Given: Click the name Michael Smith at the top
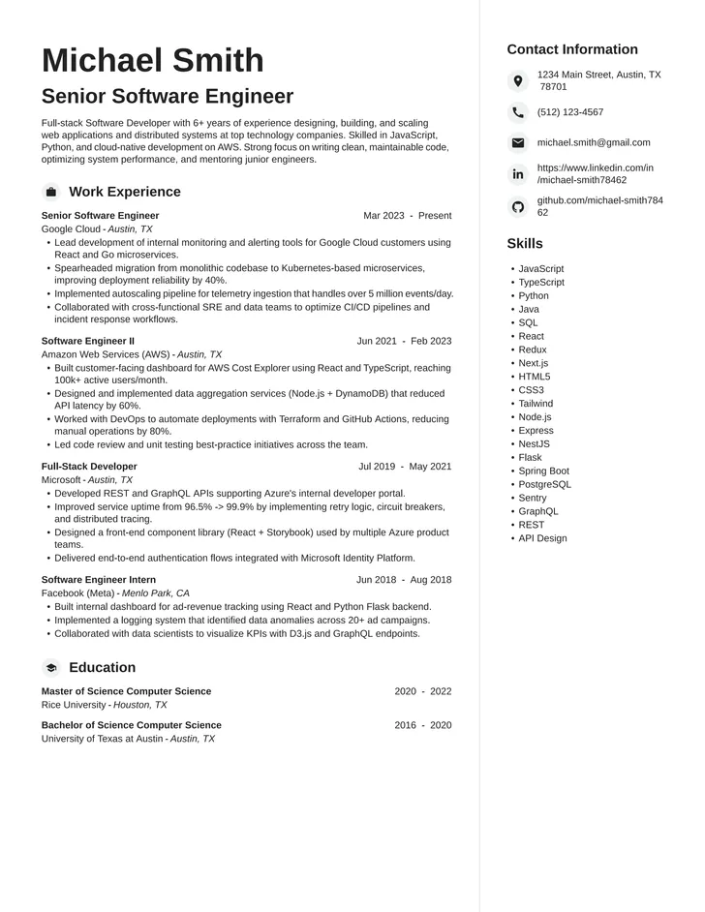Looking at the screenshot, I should click(152, 60).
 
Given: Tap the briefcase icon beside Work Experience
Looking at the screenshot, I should click(51, 192).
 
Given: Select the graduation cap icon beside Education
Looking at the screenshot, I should click(51, 667).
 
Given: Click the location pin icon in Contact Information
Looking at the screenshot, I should click(518, 81).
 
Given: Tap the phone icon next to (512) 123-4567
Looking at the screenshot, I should click(518, 112).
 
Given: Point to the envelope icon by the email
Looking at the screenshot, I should click(518, 143).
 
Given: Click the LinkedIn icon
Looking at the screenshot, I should click(518, 174).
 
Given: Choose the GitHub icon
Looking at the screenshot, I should click(518, 206).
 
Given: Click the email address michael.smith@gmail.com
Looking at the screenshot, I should click(594, 142).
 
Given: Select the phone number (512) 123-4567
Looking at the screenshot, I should click(570, 112).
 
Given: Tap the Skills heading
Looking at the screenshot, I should click(525, 243).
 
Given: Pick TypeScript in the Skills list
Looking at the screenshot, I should click(541, 283).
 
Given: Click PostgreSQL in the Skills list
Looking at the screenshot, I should click(544, 484).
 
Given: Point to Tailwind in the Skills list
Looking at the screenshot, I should click(536, 404).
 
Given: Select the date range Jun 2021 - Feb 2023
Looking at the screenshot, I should click(404, 341).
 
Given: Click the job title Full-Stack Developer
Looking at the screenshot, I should click(89, 466).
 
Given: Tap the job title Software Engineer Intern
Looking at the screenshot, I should click(99, 579).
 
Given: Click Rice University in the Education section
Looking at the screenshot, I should click(74, 705).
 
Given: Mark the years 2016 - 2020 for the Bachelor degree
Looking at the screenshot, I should click(422, 725).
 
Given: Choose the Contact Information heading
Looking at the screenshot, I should click(572, 49).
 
